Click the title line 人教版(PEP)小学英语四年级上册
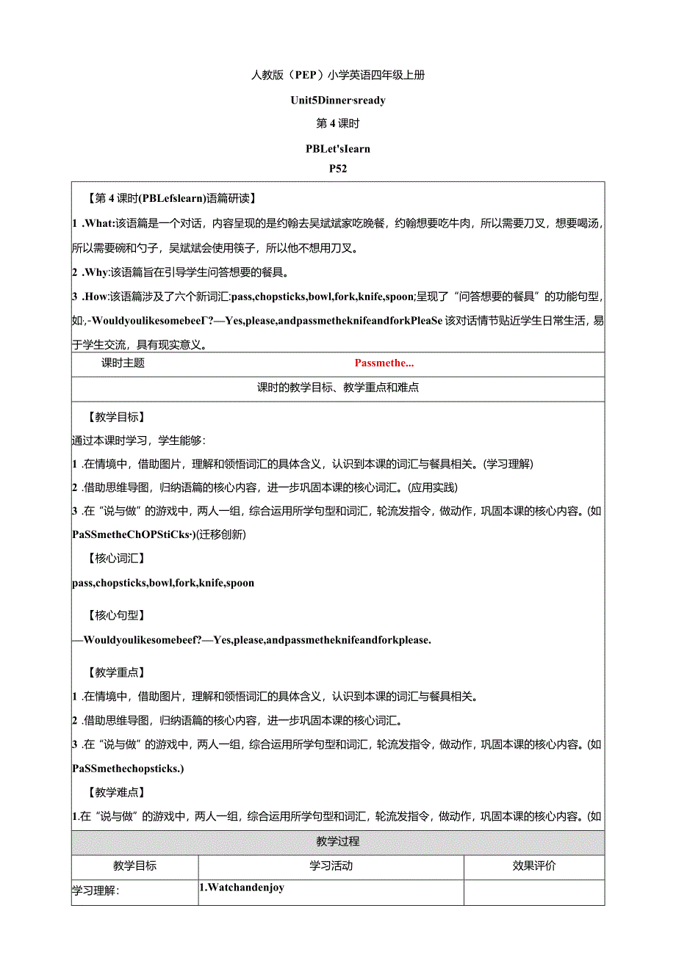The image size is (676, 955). click(x=338, y=75)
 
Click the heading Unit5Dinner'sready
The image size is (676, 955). click(x=338, y=100)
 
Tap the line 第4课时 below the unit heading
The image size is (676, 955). click(x=338, y=123)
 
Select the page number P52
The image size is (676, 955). click(x=338, y=168)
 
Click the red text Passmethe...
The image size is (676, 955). click(x=384, y=363)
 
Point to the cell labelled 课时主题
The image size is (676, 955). click(x=123, y=363)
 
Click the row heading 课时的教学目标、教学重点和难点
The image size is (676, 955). click(x=338, y=388)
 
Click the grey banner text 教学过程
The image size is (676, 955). click(x=338, y=841)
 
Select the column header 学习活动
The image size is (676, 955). click(x=331, y=865)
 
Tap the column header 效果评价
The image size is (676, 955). click(x=534, y=865)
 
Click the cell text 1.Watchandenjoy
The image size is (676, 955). click(x=242, y=887)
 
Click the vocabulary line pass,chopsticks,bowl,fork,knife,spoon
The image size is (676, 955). click(x=163, y=583)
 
